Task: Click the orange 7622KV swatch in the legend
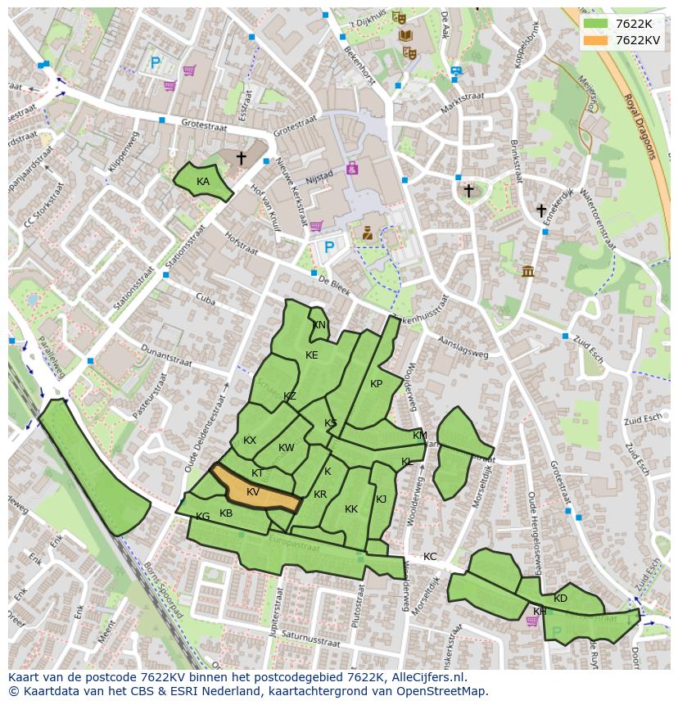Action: coord(595,40)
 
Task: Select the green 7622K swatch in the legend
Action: coord(595,24)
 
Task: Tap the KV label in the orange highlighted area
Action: coord(253,492)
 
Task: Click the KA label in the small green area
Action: coord(203,182)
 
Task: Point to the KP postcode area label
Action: coord(376,384)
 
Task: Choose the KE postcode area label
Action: coord(312,355)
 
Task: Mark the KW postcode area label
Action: coord(286,448)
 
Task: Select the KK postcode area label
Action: coord(351,509)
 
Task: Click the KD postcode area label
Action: coord(560,599)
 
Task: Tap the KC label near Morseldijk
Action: coord(430,557)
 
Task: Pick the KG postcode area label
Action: coord(203,517)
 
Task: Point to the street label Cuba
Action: coord(205,301)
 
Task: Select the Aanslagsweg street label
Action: coord(463,348)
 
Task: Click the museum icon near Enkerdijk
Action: coord(527,271)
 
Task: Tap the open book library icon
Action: coord(405,35)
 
